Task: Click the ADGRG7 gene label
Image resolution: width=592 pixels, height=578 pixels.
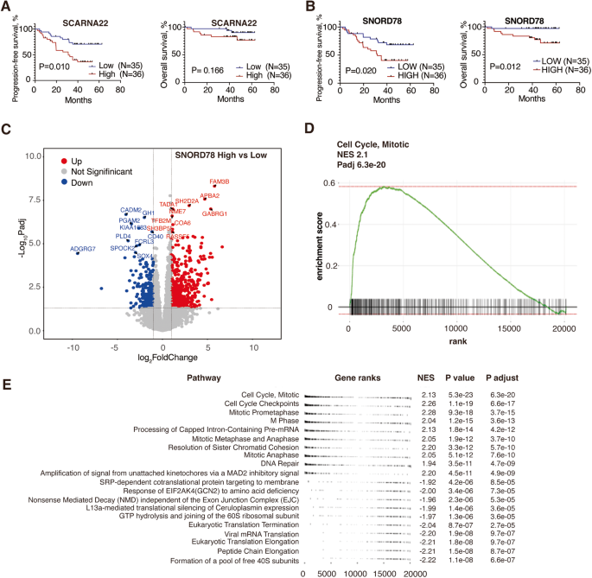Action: [83, 250]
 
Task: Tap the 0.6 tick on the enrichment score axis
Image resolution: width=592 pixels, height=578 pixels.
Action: [329, 184]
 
